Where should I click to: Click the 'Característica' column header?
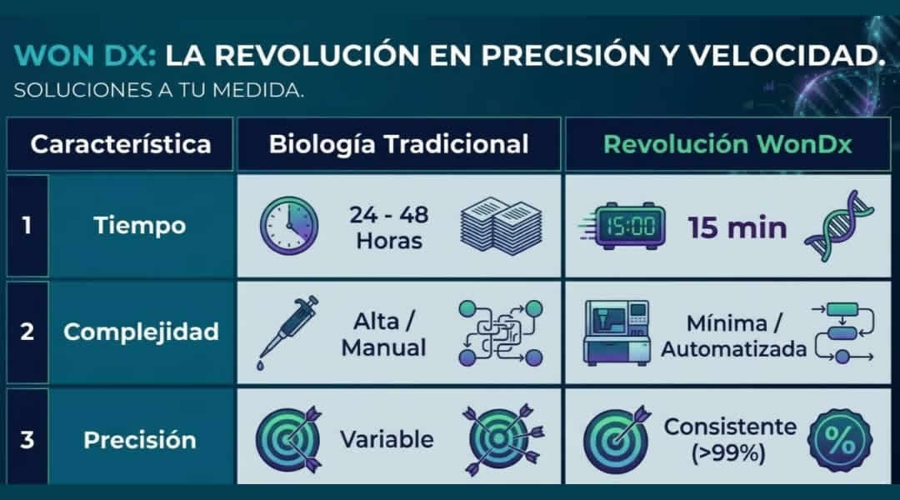pos(121,144)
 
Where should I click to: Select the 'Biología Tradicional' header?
pos(398,145)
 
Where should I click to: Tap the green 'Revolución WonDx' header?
pos(727,144)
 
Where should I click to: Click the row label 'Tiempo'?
pos(139,226)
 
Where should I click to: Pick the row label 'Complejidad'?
pos(141,332)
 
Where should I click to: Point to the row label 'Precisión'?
pos(139,440)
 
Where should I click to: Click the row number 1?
pos(27,226)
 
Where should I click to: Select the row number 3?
pos(27,440)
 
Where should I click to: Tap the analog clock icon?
pos(288,226)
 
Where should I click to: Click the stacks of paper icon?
pos(501,226)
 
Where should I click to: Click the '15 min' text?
pos(737,227)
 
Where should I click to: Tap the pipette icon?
pos(287,332)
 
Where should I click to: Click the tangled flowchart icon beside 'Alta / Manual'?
pos(501,333)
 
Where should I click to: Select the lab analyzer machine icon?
pos(617,332)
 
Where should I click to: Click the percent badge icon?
pos(840,440)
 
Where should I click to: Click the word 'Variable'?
pos(387,440)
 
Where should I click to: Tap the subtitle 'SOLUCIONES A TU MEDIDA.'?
pos(158,90)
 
